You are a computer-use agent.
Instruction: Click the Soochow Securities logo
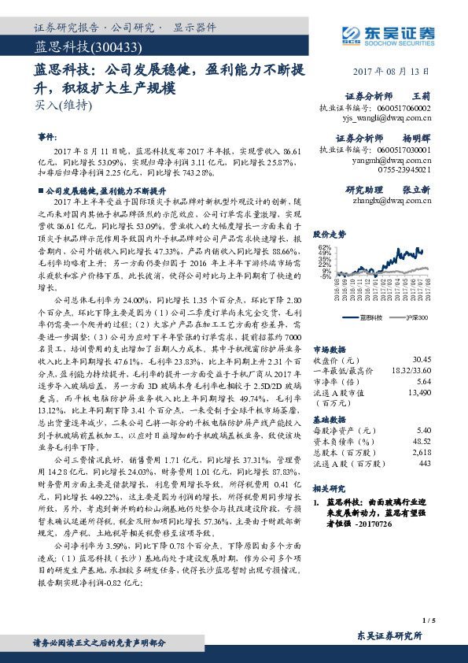389,33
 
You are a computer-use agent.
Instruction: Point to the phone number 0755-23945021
405,169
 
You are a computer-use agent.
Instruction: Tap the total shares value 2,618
421,454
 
